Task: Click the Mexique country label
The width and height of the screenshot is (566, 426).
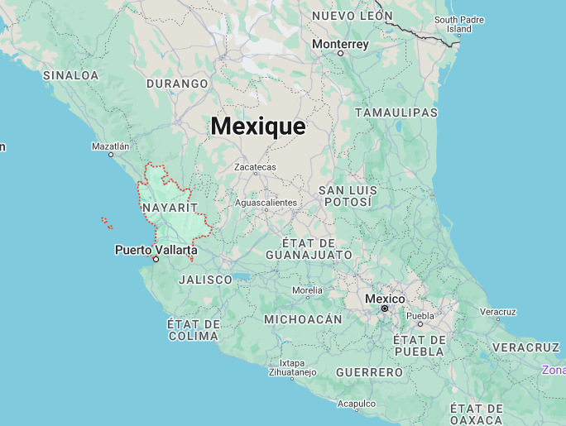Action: (257, 127)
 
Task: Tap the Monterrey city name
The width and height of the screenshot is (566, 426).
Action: (340, 44)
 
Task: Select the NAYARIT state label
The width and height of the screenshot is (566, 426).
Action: (170, 207)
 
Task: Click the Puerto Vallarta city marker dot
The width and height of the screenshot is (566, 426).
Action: (156, 259)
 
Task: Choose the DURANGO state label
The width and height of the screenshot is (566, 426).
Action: (177, 84)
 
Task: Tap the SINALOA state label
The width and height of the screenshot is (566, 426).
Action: (70, 75)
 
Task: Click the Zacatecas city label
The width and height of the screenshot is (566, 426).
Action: (255, 167)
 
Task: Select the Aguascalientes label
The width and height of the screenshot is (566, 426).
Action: (266, 203)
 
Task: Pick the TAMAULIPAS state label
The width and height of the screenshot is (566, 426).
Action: (396, 112)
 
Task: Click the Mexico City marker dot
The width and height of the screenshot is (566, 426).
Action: (385, 309)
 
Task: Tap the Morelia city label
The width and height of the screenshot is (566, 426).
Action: (307, 290)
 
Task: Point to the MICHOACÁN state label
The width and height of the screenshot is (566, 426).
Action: (303, 319)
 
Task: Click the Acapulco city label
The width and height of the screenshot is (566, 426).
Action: (357, 404)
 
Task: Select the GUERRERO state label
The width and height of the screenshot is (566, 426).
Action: (369, 373)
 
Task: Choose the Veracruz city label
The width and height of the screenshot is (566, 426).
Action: (497, 312)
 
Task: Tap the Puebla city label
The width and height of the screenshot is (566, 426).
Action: (420, 315)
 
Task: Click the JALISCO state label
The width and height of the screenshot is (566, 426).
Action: (206, 280)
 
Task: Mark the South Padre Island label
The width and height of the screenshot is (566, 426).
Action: (458, 24)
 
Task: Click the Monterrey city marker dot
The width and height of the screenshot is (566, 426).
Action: (340, 53)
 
